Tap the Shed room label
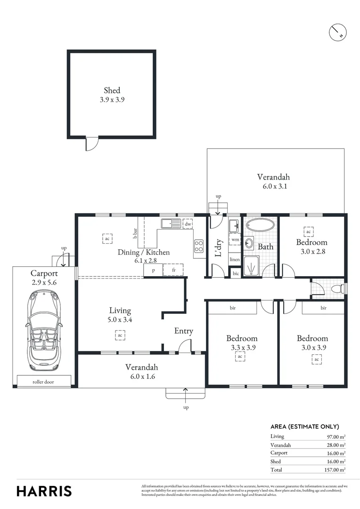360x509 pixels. (x=112, y=90)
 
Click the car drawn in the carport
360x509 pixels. (x=44, y=330)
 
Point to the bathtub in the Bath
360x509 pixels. (x=261, y=225)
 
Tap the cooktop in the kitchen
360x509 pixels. (x=199, y=246)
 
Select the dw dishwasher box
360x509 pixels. (x=188, y=224)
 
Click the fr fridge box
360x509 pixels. (x=173, y=270)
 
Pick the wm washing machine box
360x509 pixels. (x=235, y=240)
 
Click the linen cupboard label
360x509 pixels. (x=235, y=260)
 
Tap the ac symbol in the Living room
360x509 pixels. (x=120, y=335)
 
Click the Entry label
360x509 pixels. (x=183, y=331)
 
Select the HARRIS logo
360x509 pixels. (x=44, y=491)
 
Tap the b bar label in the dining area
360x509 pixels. (x=135, y=234)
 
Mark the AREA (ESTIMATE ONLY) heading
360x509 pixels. (x=304, y=426)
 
